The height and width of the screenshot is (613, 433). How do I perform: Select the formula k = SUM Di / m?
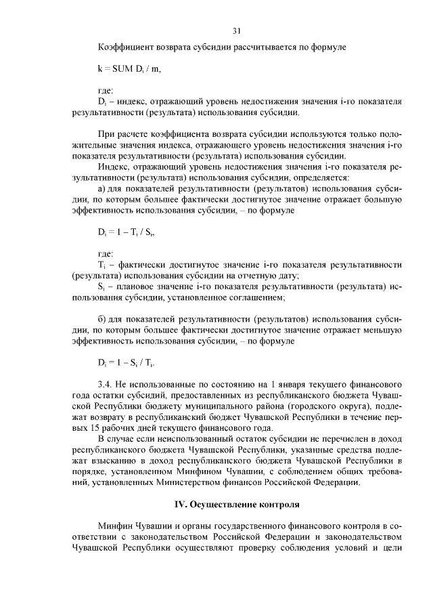coord(129,69)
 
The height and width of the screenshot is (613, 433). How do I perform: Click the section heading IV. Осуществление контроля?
coord(237,505)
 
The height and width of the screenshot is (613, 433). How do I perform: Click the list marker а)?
coord(103,188)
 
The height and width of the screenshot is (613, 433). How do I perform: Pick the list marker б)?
coord(103,318)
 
